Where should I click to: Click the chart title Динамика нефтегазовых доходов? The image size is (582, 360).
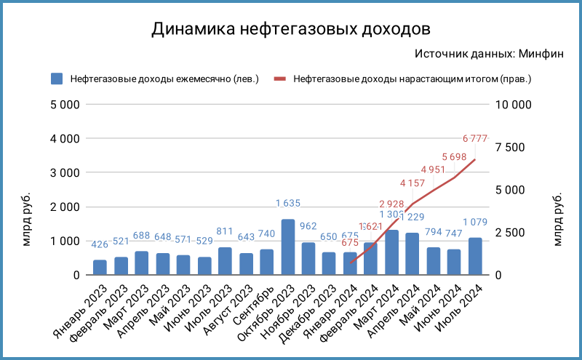coord(291,29)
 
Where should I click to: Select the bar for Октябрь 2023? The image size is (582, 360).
coord(288,247)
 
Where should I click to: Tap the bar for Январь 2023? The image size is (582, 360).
coord(100,268)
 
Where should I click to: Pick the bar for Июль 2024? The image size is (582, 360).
coord(476,257)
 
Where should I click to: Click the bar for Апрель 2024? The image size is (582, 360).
coord(413,254)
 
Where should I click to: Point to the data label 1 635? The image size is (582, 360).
coord(288,204)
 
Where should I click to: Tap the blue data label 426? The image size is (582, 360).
coord(100,244)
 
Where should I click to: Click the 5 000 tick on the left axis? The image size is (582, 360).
coord(65,104)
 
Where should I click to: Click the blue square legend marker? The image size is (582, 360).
coord(57,79)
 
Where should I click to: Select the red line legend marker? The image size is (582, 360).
coord(280,79)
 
